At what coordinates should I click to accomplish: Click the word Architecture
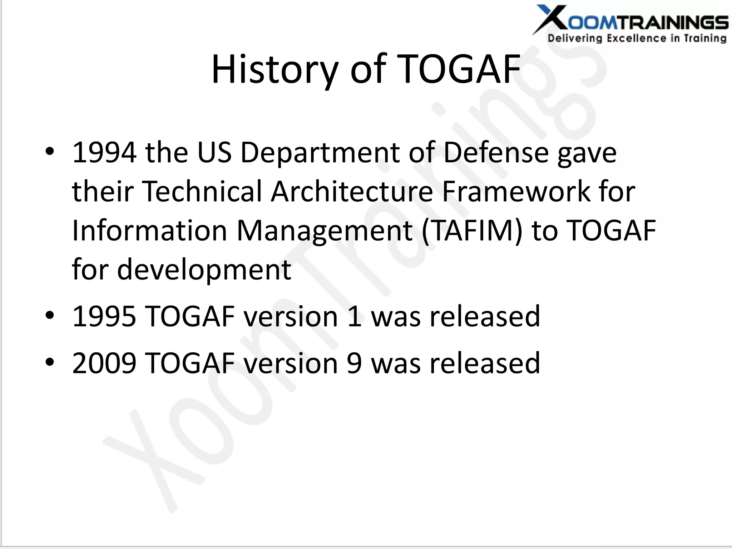click(x=352, y=192)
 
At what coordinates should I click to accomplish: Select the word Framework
click(x=516, y=192)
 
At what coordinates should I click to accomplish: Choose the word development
click(x=204, y=270)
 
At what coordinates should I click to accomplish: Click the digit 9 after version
click(x=354, y=363)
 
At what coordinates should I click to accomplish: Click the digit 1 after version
click(x=354, y=316)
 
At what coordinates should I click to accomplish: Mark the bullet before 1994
click(x=50, y=152)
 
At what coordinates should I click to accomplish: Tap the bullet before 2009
click(x=50, y=362)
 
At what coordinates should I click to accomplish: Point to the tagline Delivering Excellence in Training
click(x=637, y=38)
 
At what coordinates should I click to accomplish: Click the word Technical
click(x=202, y=192)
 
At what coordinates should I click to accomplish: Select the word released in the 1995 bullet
click(x=485, y=316)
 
